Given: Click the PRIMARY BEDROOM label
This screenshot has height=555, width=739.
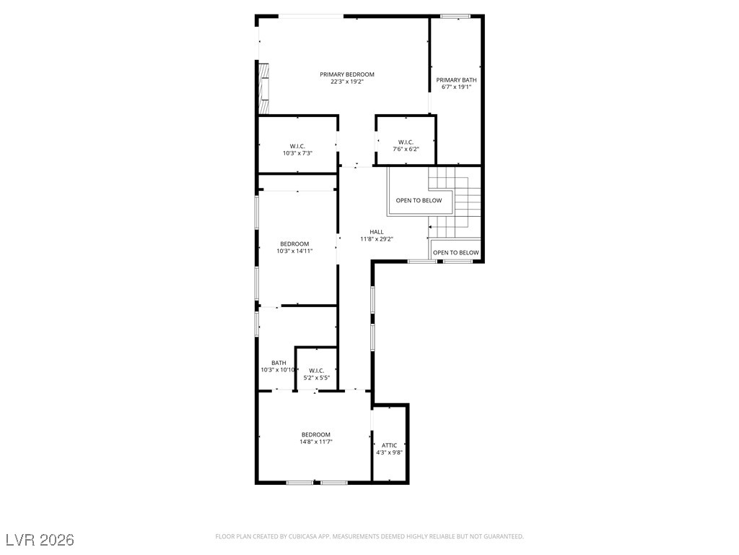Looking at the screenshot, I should click(x=347, y=74).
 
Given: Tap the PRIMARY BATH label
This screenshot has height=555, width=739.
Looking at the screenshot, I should click(x=456, y=79).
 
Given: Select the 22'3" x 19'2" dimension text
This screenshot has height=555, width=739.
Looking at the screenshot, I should click(x=347, y=82).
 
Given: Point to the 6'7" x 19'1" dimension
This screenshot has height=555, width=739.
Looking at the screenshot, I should click(x=456, y=87).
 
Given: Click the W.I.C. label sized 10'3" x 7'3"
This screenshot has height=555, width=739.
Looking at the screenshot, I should click(x=297, y=146).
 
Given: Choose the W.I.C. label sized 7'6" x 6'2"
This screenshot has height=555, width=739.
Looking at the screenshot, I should click(x=406, y=142).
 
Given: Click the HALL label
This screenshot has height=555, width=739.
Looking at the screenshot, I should click(x=377, y=232).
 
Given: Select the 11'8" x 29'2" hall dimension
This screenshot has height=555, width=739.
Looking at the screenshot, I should click(x=377, y=239).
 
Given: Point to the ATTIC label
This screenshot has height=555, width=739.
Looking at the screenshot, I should click(x=390, y=445).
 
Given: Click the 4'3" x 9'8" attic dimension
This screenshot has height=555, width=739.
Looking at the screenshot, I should click(x=390, y=452).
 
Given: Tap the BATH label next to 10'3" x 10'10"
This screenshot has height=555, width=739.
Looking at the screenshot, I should click(x=279, y=363).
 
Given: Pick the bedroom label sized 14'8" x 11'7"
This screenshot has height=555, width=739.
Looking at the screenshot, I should click(x=316, y=434).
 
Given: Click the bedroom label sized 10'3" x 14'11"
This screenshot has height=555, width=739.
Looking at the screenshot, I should click(x=294, y=244).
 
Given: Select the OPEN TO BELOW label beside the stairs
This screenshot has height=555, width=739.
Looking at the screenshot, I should click(x=419, y=200).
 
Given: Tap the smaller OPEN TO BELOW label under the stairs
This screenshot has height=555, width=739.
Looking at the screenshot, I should click(x=455, y=252).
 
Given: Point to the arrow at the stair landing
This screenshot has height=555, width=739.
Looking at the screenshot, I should click(x=432, y=225).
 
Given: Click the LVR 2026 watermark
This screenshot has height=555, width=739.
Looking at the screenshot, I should click(x=40, y=540).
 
